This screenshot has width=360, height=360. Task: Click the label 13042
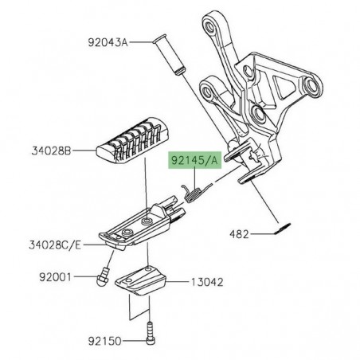(x=205, y=281)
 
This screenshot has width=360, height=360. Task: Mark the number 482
(x=239, y=234)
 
